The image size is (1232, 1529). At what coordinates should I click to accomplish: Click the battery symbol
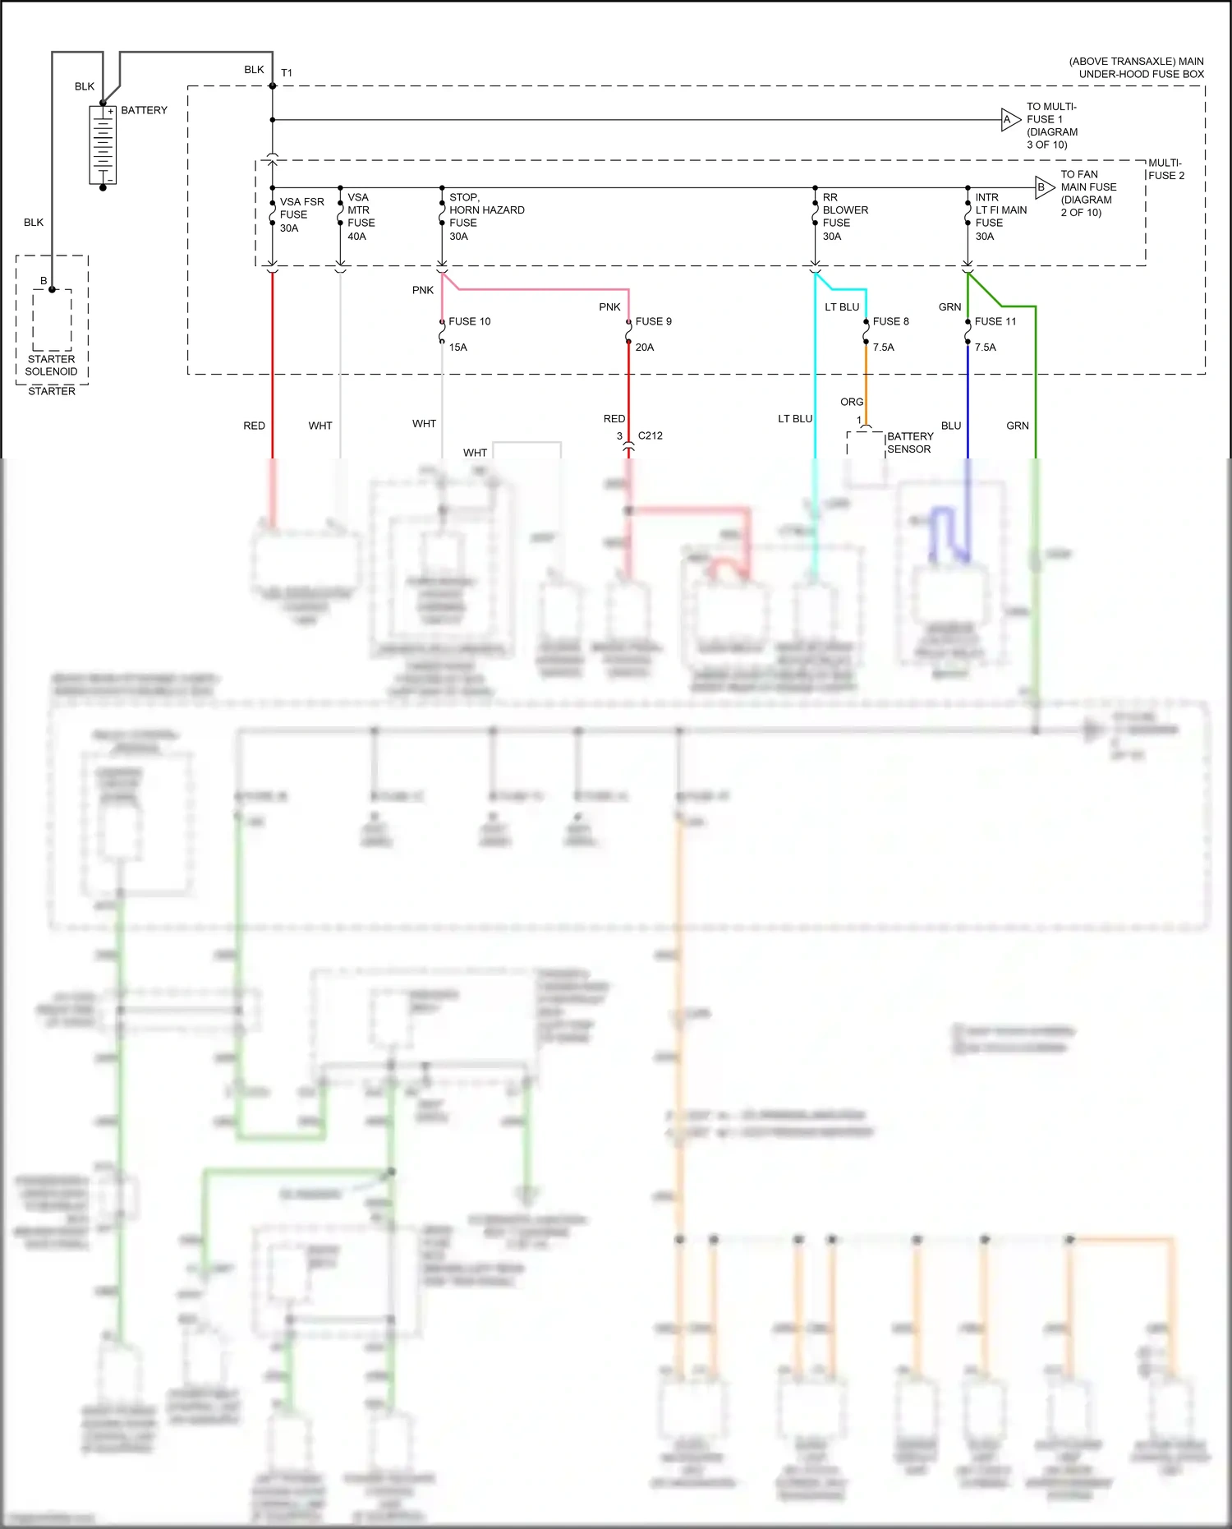pos(103,145)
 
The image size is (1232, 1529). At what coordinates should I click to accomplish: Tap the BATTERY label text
pos(144,110)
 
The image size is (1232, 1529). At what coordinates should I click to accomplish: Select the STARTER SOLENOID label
pos(51,365)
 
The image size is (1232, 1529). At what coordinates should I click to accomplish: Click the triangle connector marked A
pos(1009,120)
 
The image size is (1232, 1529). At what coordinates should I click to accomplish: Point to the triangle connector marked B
pos(1043,187)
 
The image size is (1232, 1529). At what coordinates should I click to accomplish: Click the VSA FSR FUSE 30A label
pos(301,214)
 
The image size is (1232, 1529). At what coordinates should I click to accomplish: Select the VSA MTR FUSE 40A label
pos(361,217)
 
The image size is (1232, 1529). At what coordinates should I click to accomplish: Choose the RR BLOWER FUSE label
pos(844,217)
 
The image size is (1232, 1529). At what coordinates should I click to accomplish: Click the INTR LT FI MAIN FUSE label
pos(1000,217)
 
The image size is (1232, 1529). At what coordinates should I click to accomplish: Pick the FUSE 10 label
pos(469,321)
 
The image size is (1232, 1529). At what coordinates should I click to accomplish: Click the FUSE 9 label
pos(653,321)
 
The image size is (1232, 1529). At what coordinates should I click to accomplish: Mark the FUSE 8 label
pos(890,321)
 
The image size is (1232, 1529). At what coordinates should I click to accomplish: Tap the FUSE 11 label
pos(995,321)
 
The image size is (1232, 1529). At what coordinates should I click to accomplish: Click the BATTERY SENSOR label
pos(909,443)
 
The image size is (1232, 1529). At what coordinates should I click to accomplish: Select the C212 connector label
pos(650,435)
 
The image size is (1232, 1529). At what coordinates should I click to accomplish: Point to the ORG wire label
pos(851,402)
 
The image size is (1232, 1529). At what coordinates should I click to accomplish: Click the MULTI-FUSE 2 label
pos(1165,169)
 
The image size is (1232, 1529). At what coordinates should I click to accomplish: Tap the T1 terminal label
pos(287,73)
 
